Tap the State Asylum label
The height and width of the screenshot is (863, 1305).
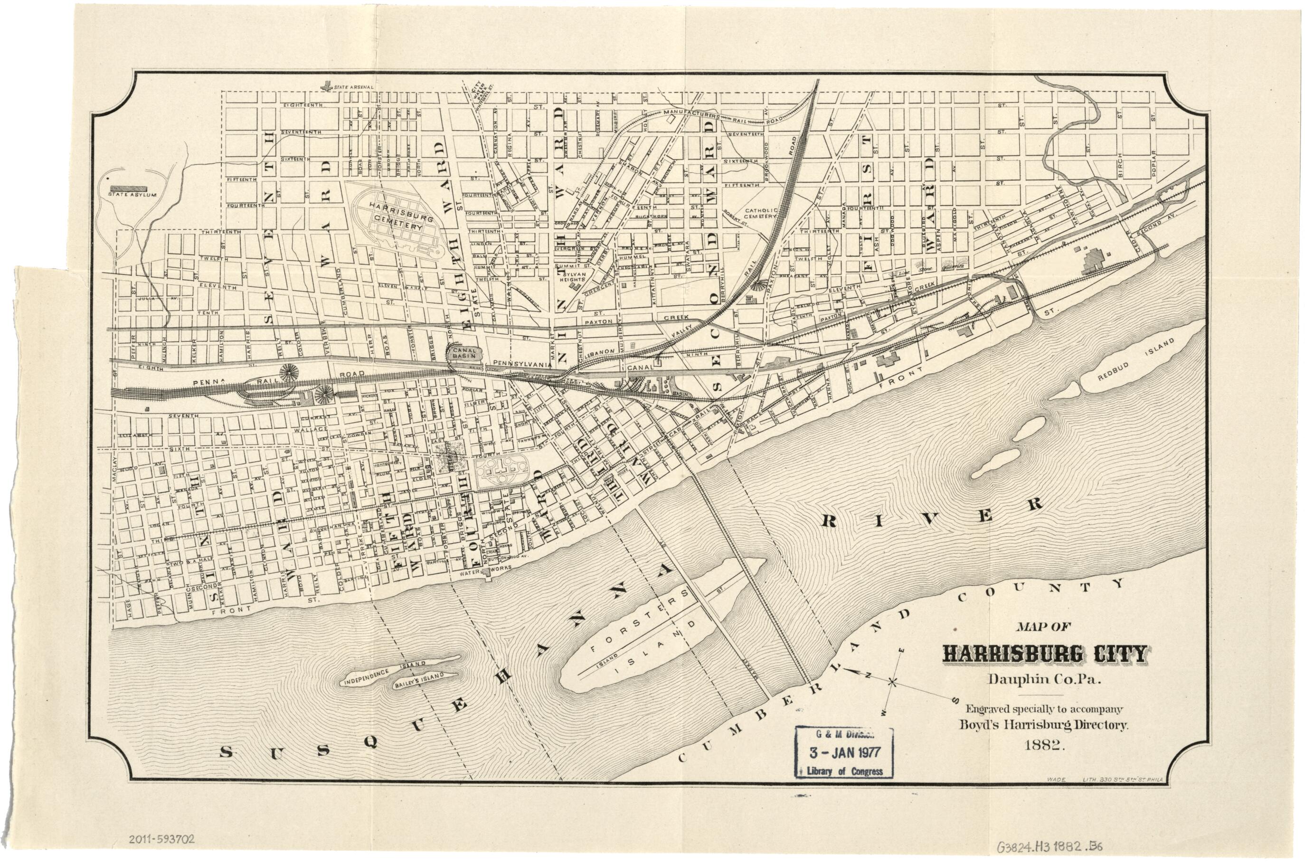pyautogui.click(x=132, y=194)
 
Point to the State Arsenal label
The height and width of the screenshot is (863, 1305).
pyautogui.click(x=353, y=87)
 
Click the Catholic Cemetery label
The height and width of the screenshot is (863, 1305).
pyautogui.click(x=760, y=214)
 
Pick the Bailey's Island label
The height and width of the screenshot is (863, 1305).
pyautogui.click(x=418, y=681)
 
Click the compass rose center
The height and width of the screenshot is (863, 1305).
pyautogui.click(x=893, y=683)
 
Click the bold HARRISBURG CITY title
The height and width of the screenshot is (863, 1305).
pyautogui.click(x=1044, y=653)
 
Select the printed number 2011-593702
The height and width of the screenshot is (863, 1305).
pyautogui.click(x=161, y=839)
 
